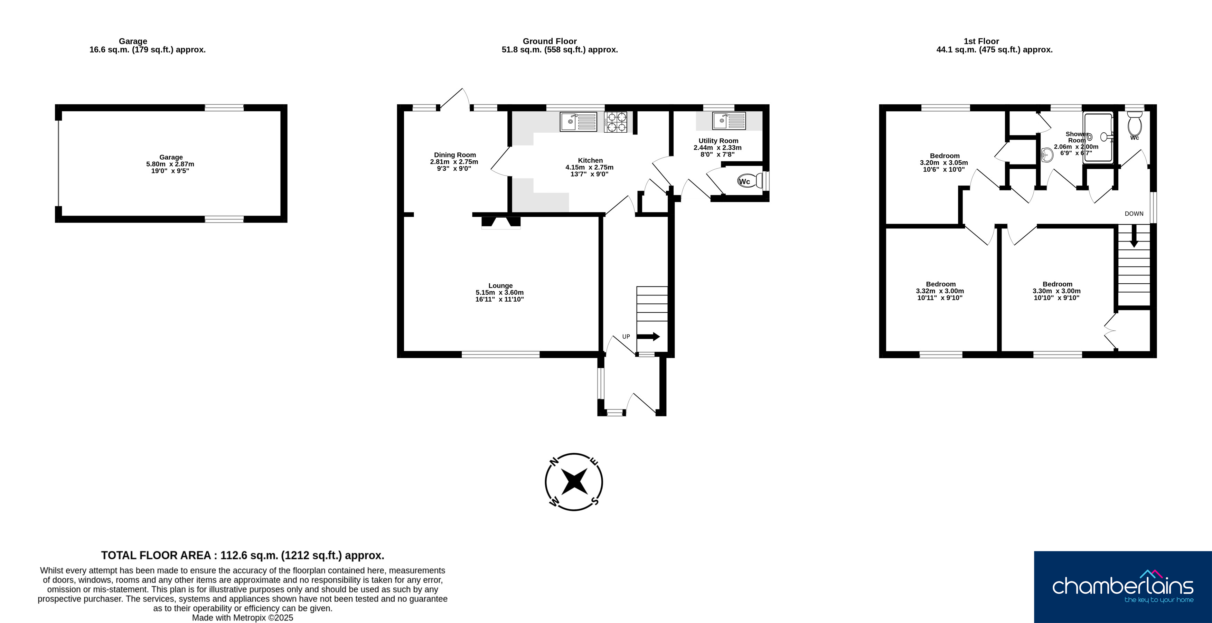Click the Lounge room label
coord(500,286)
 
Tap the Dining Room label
coord(454,155)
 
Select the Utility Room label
coord(718,141)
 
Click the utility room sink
coord(729,121)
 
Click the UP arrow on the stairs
coord(648,337)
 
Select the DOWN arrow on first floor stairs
coord(1134,236)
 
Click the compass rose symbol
coord(574,482)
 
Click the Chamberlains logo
coord(1122,587)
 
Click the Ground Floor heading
coord(549,41)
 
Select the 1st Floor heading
coord(981,41)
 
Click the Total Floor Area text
coord(243,555)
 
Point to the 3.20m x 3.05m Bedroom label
coord(944,163)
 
